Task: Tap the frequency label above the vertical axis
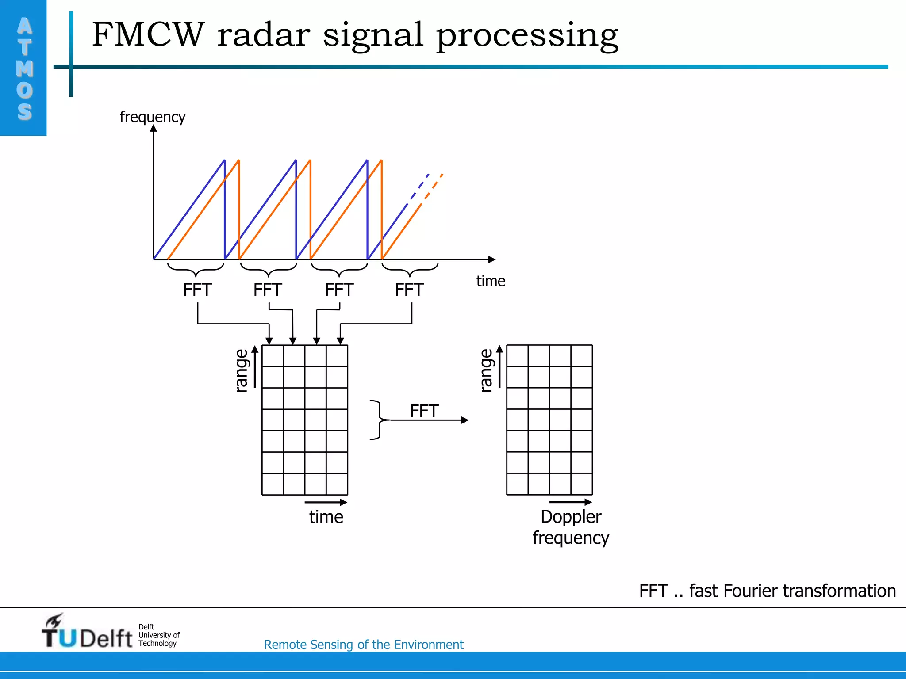pyautogui.click(x=152, y=117)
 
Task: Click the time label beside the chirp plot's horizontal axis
pyautogui.click(x=491, y=281)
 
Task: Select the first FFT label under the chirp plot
pyautogui.click(x=197, y=290)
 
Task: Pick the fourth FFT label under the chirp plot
pyautogui.click(x=409, y=290)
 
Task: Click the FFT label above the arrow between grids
pyautogui.click(x=424, y=411)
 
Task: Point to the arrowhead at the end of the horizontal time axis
pyautogui.click(x=492, y=259)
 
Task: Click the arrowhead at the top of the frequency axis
pyautogui.click(x=154, y=129)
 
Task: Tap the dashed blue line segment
pyautogui.click(x=418, y=188)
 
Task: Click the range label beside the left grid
pyautogui.click(x=242, y=370)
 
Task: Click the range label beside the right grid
pyautogui.click(x=486, y=370)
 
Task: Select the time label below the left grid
pyautogui.click(x=326, y=517)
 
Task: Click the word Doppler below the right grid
pyautogui.click(x=571, y=517)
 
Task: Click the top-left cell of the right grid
pyautogui.click(x=517, y=355)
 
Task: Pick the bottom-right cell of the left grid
pyautogui.click(x=337, y=484)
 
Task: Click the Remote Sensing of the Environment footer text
pyautogui.click(x=364, y=645)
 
